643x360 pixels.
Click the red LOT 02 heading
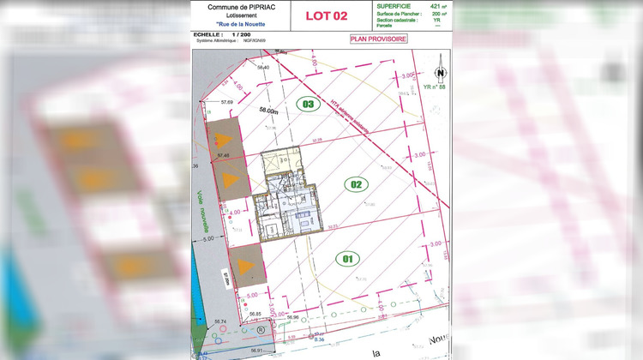point(327,15)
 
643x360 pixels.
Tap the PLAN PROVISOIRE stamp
point(378,39)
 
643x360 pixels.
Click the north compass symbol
point(439,74)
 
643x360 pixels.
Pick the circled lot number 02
point(355,183)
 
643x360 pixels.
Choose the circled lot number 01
point(347,257)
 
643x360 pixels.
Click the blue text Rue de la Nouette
point(235,24)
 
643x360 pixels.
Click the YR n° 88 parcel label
point(436,87)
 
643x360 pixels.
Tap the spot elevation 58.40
point(263,68)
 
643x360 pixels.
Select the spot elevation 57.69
point(226,102)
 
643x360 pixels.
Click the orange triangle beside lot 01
point(245,265)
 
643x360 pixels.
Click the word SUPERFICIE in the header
point(394,6)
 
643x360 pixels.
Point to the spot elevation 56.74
point(220,321)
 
